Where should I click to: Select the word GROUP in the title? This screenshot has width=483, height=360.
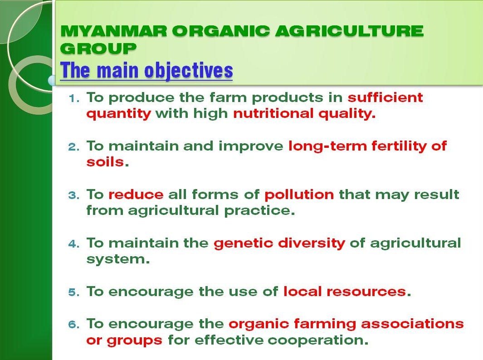tap(98, 48)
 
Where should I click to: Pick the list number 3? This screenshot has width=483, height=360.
tap(73, 195)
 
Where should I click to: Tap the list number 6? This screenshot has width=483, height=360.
tap(73, 325)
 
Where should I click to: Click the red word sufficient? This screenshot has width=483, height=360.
tap(385, 97)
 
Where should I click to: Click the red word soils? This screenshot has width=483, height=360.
tap(105, 162)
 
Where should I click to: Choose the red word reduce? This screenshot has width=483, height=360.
tap(136, 195)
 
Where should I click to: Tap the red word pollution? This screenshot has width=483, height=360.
tap(299, 195)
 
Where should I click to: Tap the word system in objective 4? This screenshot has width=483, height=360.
tap(116, 260)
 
